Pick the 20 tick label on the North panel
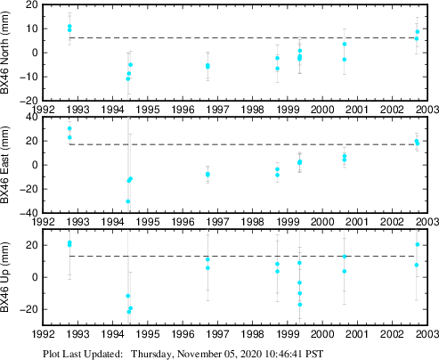pyautogui.click(x=31, y=4)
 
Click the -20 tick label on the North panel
pyautogui.click(x=29, y=101)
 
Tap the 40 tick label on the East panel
pyautogui.click(x=31, y=117)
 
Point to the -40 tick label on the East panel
pyautogui.click(x=29, y=213)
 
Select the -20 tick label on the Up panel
pyautogui.click(x=29, y=309)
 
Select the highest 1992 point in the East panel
pyautogui.click(x=69, y=128)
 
